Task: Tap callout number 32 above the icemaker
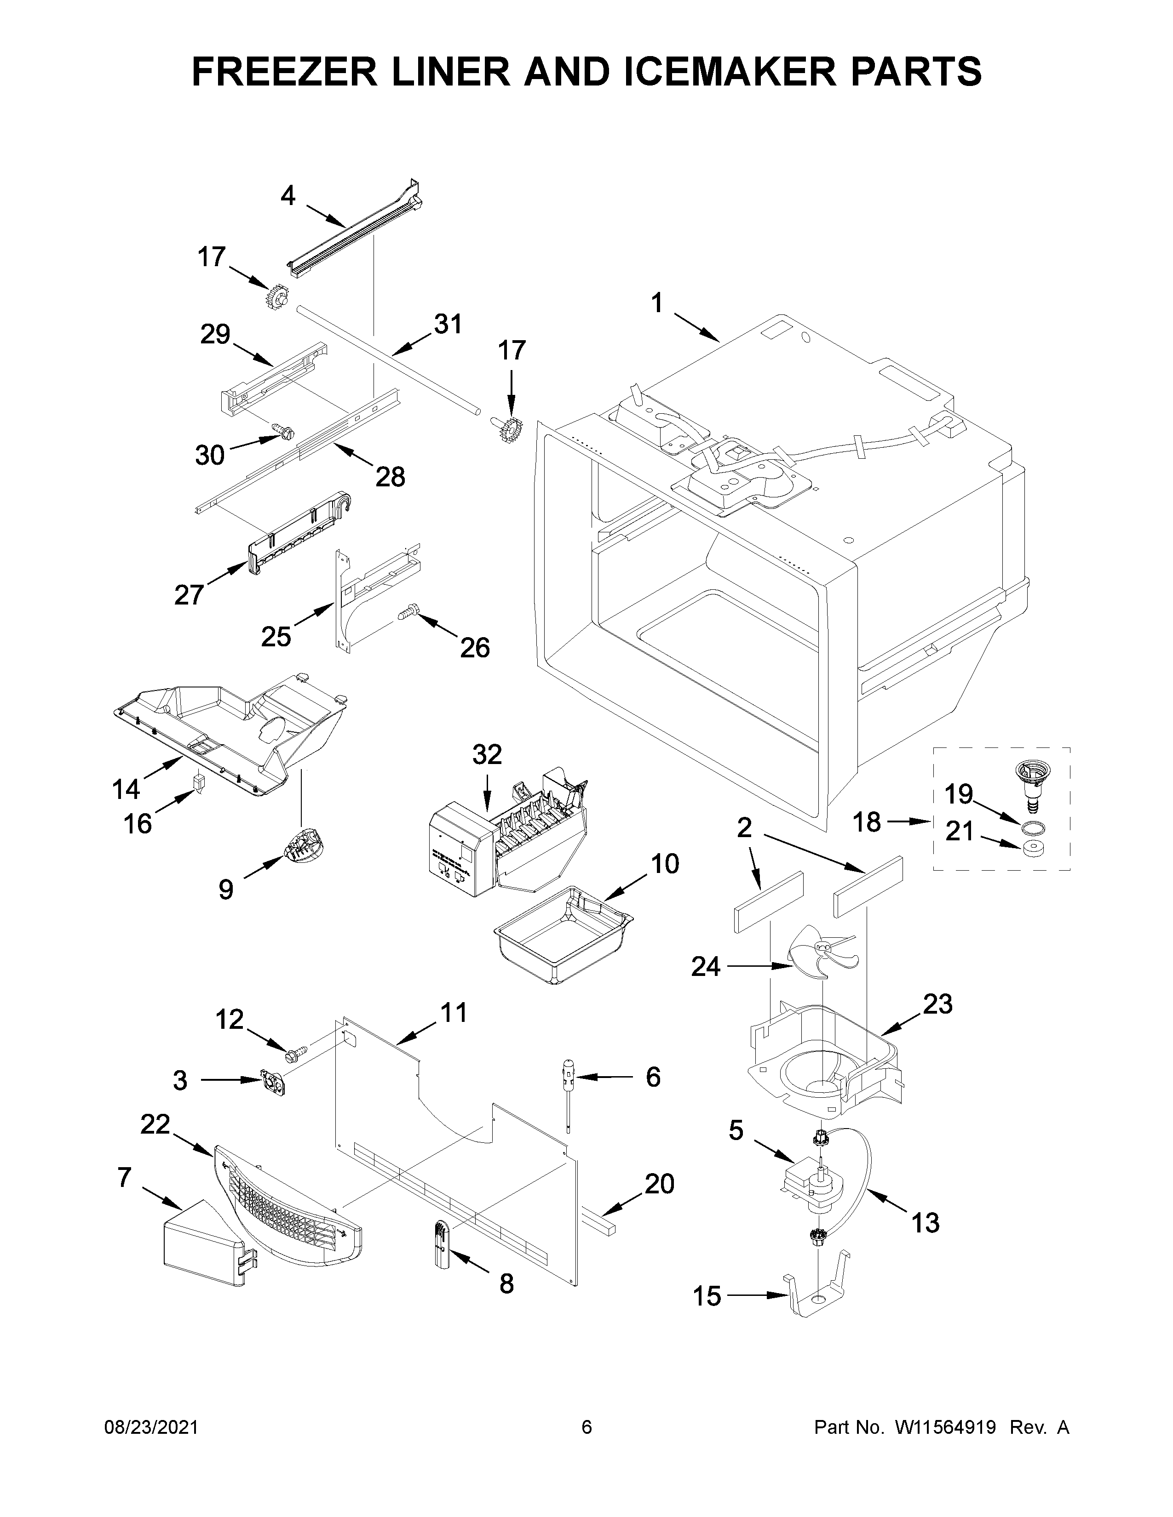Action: pyautogui.click(x=486, y=754)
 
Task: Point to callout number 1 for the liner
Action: pyautogui.click(x=657, y=303)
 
